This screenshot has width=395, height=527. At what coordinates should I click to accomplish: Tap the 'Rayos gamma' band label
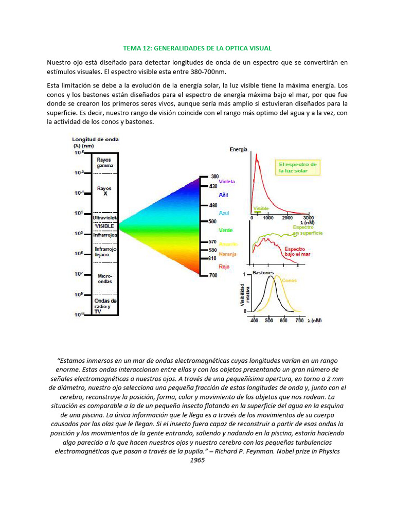[x=104, y=163]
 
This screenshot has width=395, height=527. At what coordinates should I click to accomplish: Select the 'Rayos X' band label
[x=104, y=191]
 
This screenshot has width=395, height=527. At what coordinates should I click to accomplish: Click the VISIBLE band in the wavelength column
[x=104, y=226]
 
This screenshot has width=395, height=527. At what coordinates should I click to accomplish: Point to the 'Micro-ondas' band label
[x=105, y=278]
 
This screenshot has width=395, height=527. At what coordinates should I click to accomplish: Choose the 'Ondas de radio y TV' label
[x=105, y=306]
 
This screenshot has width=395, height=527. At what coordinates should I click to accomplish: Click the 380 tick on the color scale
[x=214, y=176]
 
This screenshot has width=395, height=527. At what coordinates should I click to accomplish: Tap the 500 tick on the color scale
[x=212, y=221]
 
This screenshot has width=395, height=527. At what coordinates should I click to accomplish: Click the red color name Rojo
[x=224, y=266]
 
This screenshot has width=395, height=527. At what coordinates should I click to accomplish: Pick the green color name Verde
[x=225, y=230]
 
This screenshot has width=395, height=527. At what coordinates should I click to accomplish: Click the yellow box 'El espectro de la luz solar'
[x=298, y=167]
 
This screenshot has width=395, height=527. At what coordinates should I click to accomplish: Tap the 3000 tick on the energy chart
[x=309, y=218]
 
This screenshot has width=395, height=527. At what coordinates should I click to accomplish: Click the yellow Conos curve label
[x=289, y=280]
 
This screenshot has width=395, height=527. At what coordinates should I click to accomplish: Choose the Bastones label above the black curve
[x=263, y=272]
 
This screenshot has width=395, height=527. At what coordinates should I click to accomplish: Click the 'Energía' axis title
[x=238, y=149]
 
